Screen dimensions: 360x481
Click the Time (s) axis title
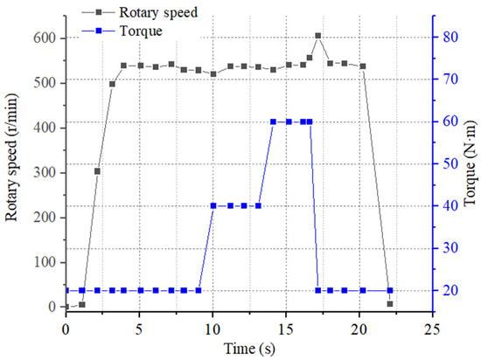coord(247,348)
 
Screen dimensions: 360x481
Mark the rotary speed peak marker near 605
coord(317,37)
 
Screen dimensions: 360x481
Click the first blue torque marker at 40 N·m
coord(214,205)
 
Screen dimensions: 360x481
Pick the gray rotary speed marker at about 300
coord(97,171)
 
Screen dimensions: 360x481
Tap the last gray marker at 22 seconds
coord(390,304)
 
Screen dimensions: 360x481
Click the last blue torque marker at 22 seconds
coord(390,290)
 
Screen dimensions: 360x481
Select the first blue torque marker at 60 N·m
coord(274,121)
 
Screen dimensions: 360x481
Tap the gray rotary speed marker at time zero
coord(66,307)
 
